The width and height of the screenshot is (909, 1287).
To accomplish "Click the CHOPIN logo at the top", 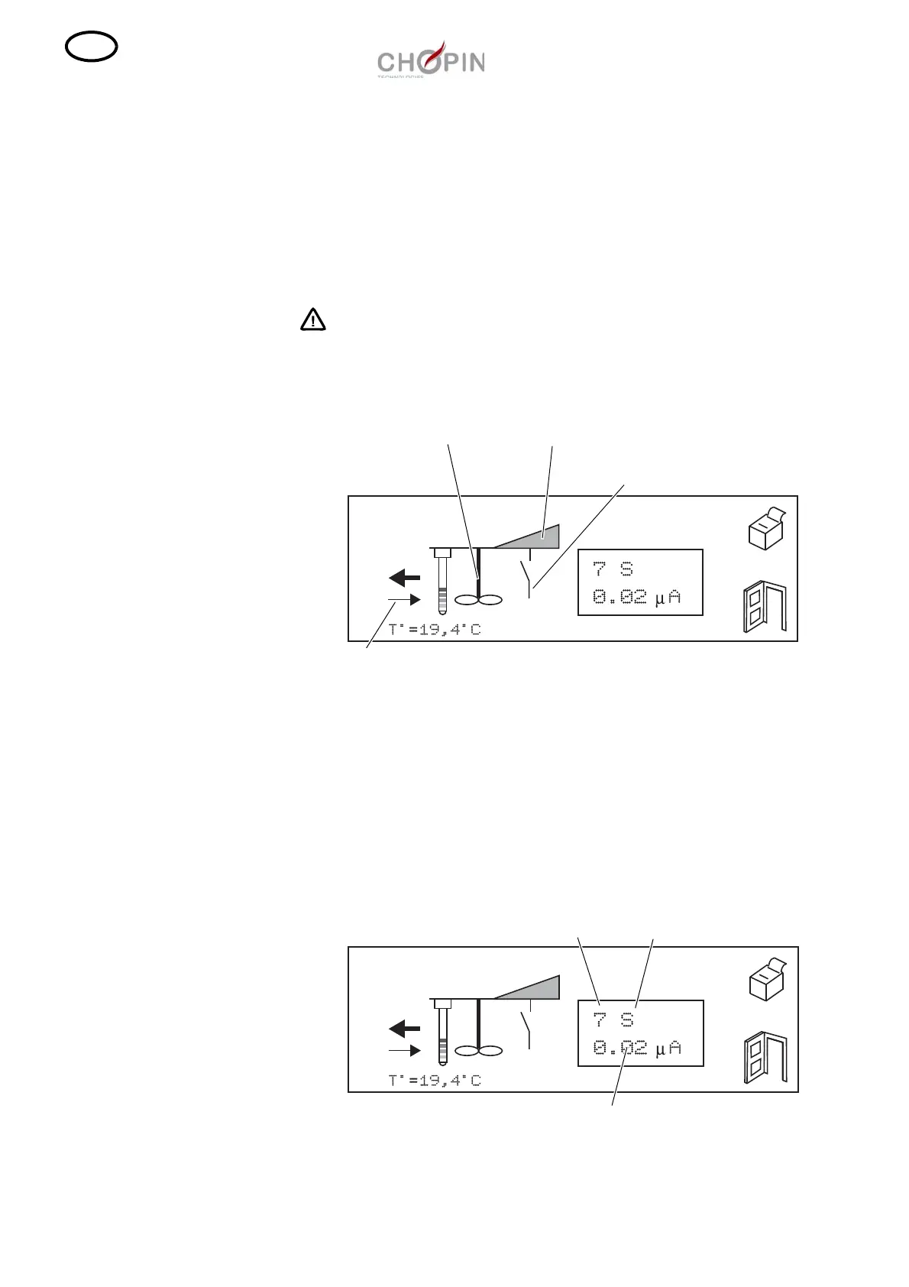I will [x=431, y=60].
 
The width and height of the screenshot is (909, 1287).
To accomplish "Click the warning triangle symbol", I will [x=312, y=319].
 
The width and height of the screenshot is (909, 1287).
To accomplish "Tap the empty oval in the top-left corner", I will [x=92, y=48].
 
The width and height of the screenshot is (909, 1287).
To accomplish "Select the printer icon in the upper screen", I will [x=766, y=528].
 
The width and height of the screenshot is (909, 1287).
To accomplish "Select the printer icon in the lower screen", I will [x=766, y=979].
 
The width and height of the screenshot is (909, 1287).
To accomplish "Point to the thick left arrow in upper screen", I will [x=404, y=577].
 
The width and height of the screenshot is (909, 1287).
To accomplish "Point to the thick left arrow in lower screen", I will [x=404, y=1028].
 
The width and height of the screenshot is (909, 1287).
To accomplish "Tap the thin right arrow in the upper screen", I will [x=404, y=599].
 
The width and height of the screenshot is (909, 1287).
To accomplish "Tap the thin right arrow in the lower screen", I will [x=404, y=1051].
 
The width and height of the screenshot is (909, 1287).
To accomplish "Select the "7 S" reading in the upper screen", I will [x=613, y=569].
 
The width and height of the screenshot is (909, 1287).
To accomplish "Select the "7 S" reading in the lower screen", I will [x=613, y=1020].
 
